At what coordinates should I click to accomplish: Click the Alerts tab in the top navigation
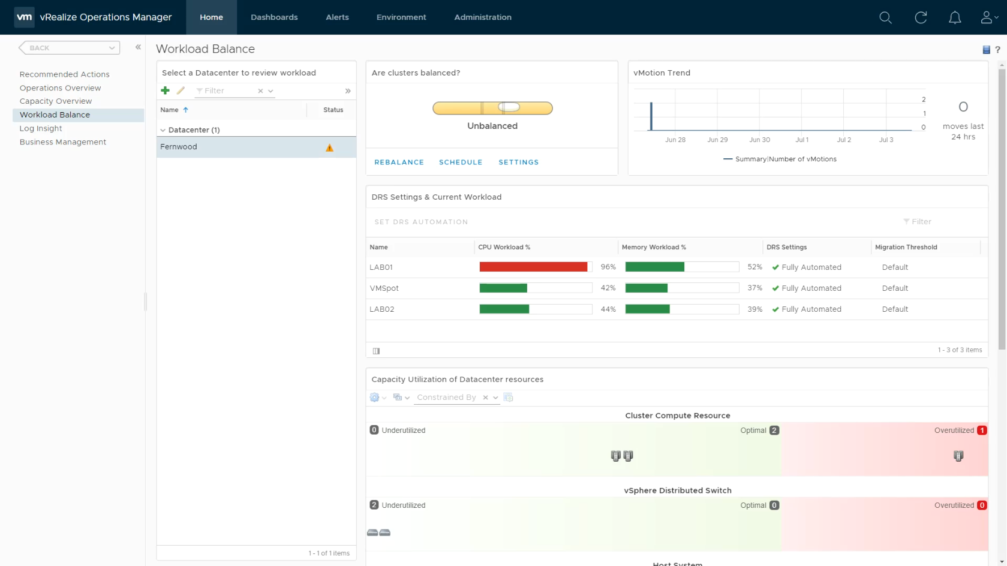(x=337, y=17)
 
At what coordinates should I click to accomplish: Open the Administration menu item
(x=482, y=17)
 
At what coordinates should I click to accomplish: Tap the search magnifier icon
(x=885, y=17)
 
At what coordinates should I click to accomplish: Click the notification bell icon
(x=955, y=17)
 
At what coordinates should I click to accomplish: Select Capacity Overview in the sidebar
(x=56, y=101)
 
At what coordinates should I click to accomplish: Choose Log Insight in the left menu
(x=40, y=128)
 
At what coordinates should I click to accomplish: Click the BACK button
(x=69, y=47)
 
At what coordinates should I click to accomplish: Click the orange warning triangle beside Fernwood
(x=329, y=147)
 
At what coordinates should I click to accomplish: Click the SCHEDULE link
(x=461, y=162)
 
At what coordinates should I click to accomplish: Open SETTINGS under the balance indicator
(x=518, y=162)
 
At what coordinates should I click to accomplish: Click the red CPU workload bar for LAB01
(x=533, y=267)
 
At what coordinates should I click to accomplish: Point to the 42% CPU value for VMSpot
(x=608, y=288)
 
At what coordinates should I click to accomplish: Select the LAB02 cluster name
(x=381, y=309)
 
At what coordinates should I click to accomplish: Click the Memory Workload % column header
(x=654, y=247)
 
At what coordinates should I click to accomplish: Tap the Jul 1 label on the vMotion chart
(x=801, y=140)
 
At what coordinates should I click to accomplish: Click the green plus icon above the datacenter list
(x=165, y=91)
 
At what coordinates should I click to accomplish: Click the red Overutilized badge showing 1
(x=982, y=430)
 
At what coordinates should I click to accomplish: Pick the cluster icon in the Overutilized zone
(x=958, y=456)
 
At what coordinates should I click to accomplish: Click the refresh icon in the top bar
(x=920, y=17)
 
